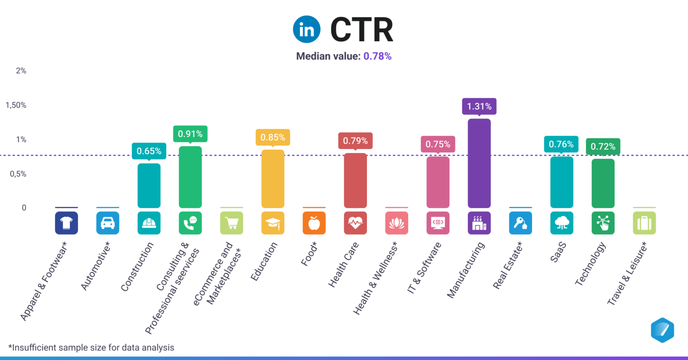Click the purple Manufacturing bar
pyautogui.click(x=479, y=163)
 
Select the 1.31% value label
pyautogui.click(x=479, y=107)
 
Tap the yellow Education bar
pyautogui.click(x=273, y=179)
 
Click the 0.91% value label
pyautogui.click(x=190, y=134)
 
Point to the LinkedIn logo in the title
pyautogui.click(x=307, y=30)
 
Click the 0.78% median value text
pyautogui.click(x=377, y=56)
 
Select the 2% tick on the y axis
pyautogui.click(x=21, y=71)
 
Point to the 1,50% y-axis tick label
pyautogui.click(x=16, y=105)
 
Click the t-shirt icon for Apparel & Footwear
pyautogui.click(x=66, y=223)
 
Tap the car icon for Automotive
pyautogui.click(x=107, y=223)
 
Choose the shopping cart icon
pyautogui.click(x=232, y=223)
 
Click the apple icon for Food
pyautogui.click(x=314, y=223)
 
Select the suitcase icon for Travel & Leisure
pyautogui.click(x=644, y=223)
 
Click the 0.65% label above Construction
pyautogui.click(x=149, y=151)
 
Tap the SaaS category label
pyautogui.click(x=558, y=252)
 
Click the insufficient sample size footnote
pyautogui.click(x=91, y=347)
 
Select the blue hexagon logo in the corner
pyautogui.click(x=662, y=330)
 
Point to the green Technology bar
pyautogui.click(x=603, y=184)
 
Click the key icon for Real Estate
pyautogui.click(x=520, y=223)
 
